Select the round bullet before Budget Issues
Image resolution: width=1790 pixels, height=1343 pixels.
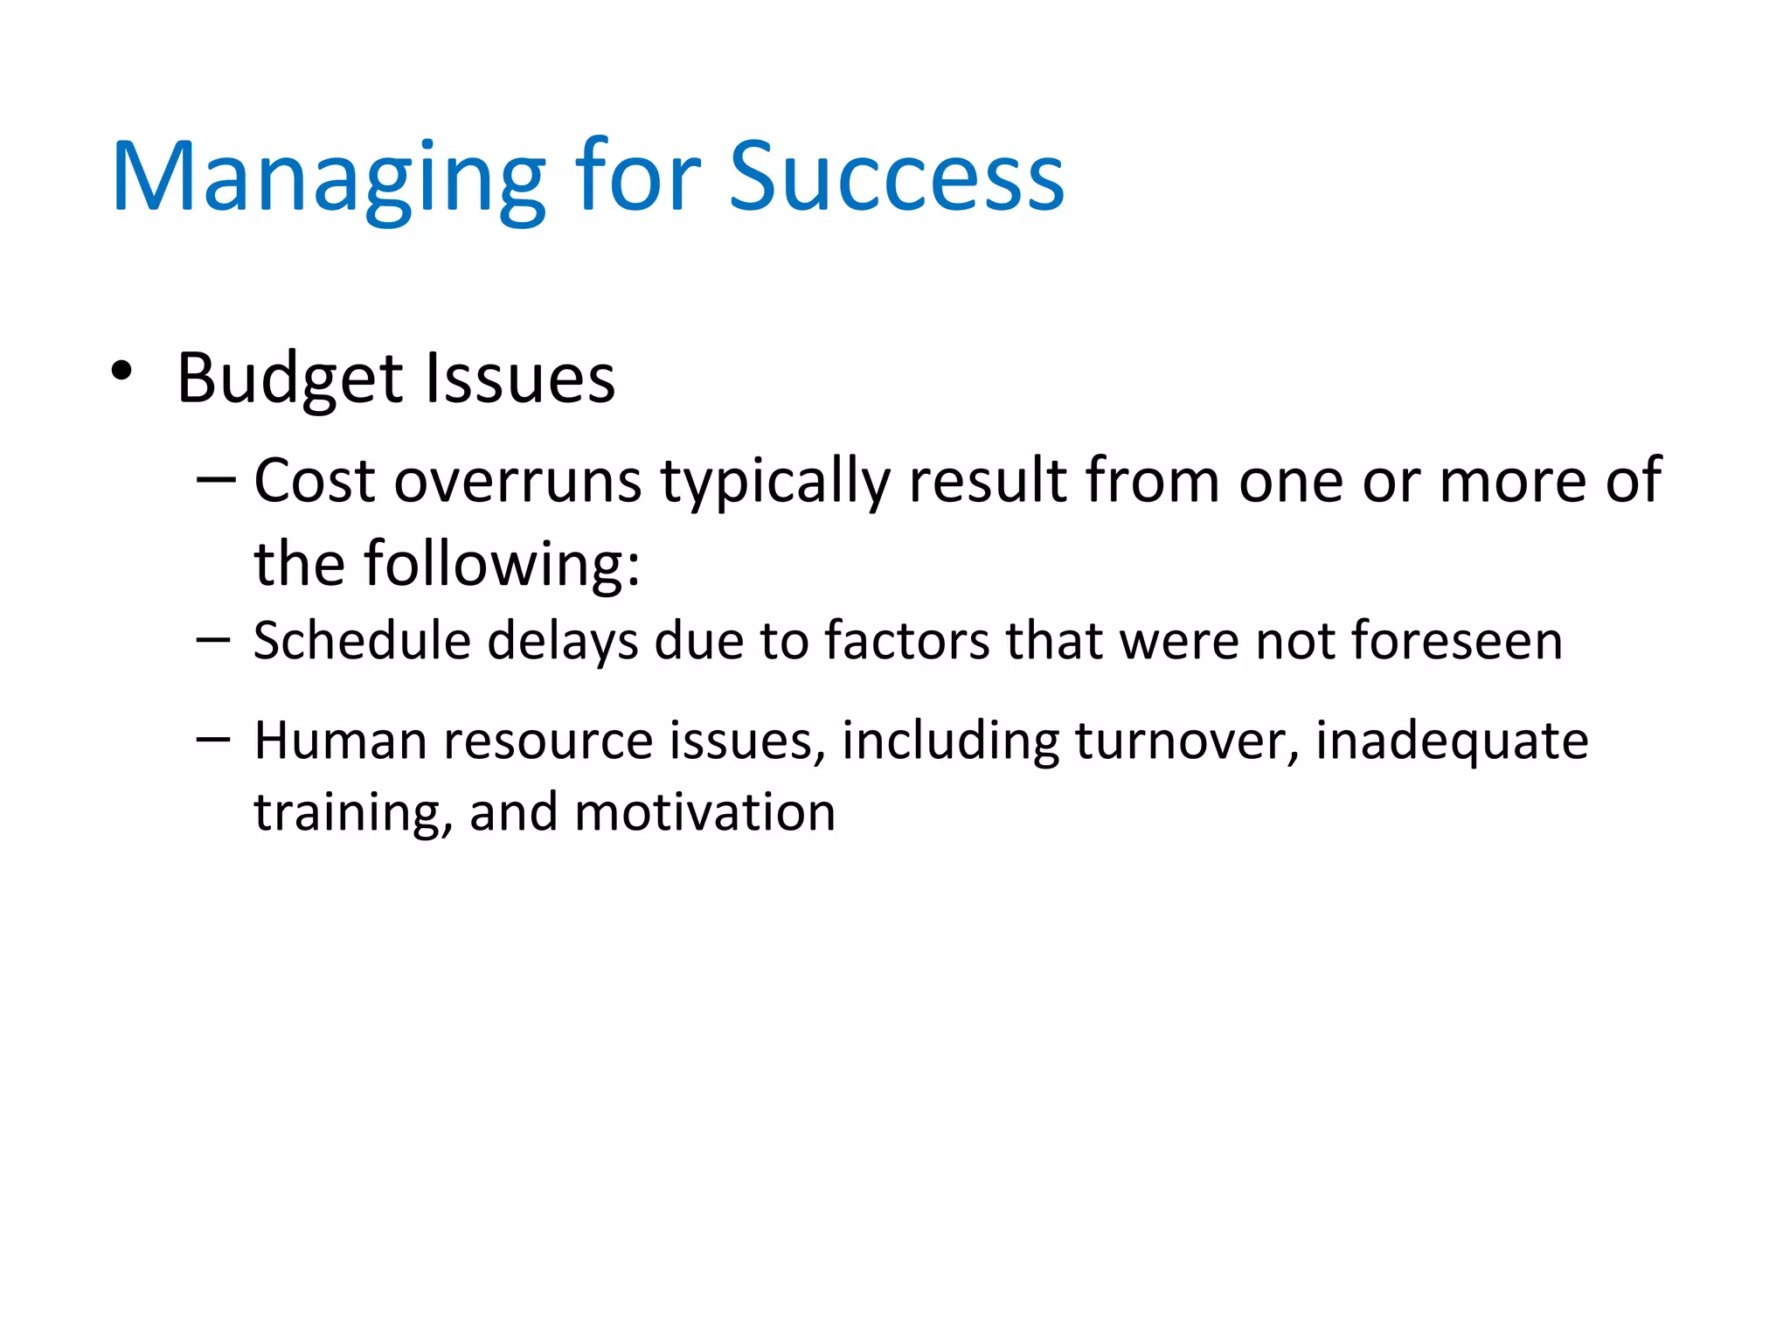121,372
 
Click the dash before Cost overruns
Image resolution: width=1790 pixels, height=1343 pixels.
216,480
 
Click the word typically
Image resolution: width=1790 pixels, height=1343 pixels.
774,484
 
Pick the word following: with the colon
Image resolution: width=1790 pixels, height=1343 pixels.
502,566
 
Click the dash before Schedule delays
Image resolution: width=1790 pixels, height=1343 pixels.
213,640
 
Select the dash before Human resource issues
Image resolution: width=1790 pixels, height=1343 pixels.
213,740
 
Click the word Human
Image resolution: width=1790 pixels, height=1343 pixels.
340,741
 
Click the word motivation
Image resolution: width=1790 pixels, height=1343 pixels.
704,813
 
